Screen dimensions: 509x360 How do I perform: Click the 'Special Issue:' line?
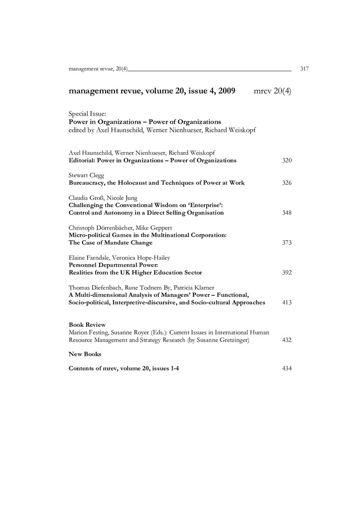tap(87, 115)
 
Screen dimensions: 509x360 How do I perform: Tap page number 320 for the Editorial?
tap(287, 160)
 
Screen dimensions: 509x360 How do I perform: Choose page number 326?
tap(287, 182)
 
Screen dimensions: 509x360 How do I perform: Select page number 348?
tap(287, 212)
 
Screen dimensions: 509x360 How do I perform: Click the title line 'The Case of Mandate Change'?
tap(110, 242)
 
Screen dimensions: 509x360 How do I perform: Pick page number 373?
tap(287, 242)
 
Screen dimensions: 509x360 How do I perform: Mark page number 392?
tap(287, 272)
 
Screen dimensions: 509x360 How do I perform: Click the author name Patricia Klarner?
tap(181, 288)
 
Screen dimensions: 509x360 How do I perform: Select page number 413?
tap(287, 302)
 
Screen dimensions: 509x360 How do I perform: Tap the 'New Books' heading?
tap(85, 353)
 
